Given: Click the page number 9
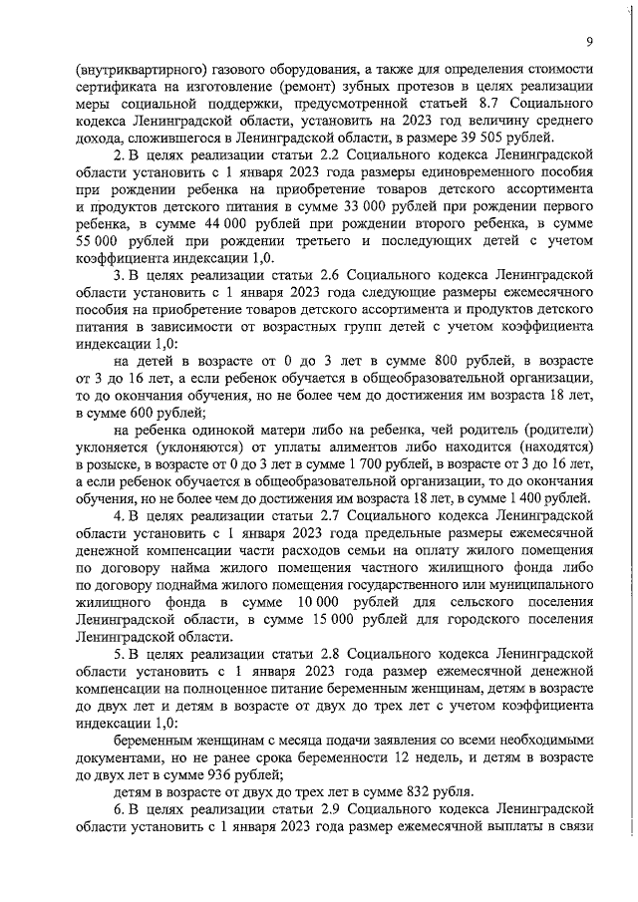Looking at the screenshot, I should [x=590, y=41].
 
